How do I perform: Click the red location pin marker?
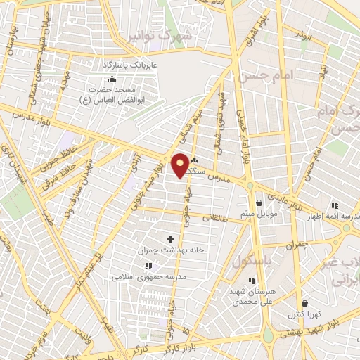click(181, 165)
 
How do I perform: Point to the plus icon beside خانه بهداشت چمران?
click(169, 239)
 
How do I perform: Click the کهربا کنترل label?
click(303, 314)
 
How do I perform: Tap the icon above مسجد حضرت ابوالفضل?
click(110, 79)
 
